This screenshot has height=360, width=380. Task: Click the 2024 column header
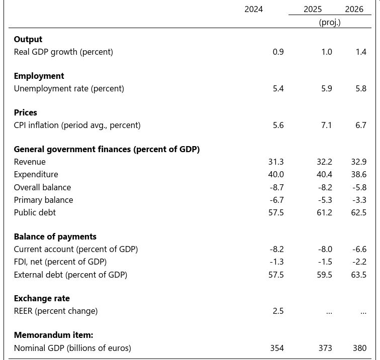253,10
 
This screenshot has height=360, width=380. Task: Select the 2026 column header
354,10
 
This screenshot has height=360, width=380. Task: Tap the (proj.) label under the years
330,23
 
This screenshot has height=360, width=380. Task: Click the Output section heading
28,39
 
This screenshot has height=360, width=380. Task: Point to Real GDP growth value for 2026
361,52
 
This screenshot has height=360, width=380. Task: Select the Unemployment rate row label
69,88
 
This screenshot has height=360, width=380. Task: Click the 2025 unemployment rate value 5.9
326,88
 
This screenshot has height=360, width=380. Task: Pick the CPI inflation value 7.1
326,125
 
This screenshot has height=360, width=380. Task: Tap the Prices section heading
26,112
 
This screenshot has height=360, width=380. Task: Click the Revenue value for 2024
276,162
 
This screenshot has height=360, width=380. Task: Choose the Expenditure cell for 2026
358,174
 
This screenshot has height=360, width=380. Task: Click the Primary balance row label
43,200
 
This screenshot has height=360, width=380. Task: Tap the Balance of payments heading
55,236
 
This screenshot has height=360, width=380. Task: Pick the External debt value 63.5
358,275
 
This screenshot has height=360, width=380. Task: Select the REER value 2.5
278,311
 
